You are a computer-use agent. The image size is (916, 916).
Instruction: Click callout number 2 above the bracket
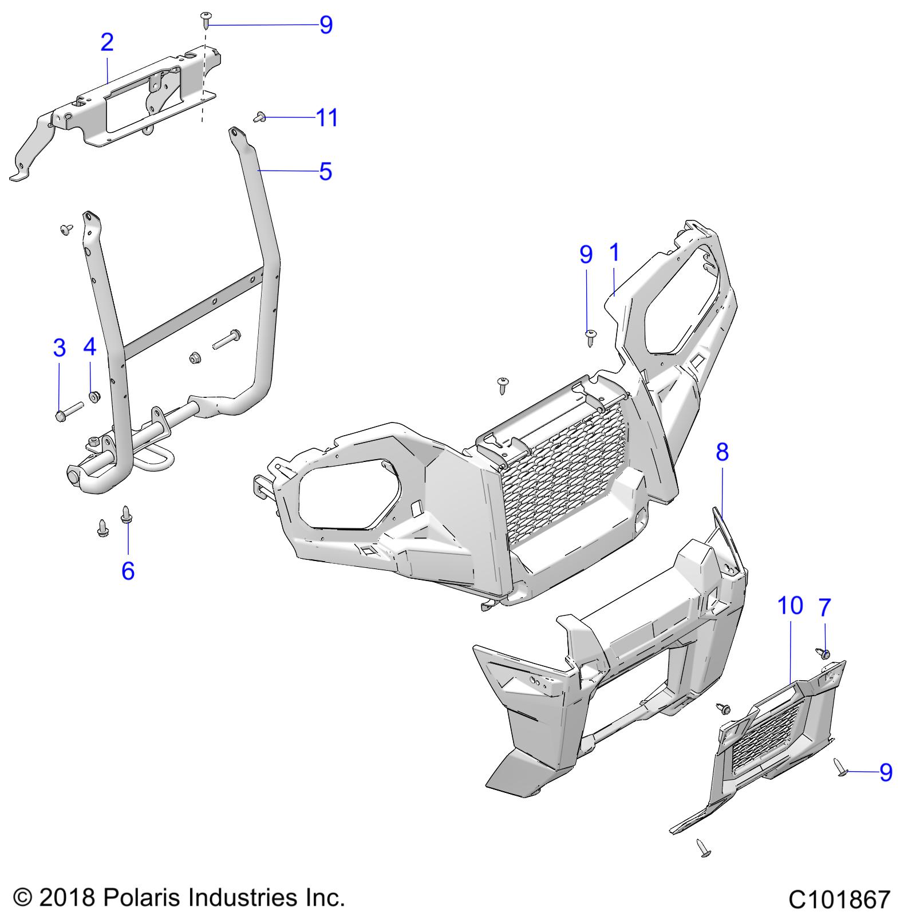106,42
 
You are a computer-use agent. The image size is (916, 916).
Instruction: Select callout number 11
327,118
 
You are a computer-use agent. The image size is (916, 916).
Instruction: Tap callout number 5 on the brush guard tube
325,171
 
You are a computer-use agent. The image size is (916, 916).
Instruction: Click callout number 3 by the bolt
59,348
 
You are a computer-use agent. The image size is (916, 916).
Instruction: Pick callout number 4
90,347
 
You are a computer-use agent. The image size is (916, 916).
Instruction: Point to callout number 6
128,570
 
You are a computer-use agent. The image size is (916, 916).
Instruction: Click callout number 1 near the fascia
614,252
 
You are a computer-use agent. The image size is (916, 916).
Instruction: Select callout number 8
722,452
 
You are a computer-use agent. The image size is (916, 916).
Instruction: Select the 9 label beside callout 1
586,255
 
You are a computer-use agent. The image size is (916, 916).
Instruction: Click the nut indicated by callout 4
92,396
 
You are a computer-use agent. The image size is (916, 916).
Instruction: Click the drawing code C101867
839,899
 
